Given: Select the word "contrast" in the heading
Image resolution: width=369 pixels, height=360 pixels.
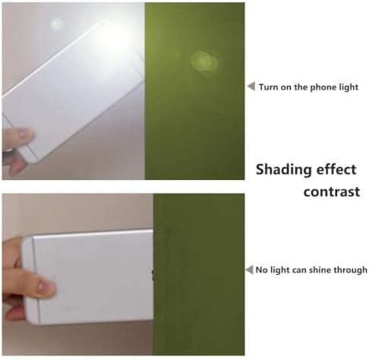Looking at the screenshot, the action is (x=332, y=191).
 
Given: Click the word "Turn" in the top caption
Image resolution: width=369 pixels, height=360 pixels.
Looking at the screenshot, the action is (x=269, y=87).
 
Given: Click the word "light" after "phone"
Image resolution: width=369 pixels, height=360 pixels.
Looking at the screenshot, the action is (x=348, y=87).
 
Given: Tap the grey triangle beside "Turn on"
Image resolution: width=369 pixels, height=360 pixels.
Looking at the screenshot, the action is (x=251, y=86).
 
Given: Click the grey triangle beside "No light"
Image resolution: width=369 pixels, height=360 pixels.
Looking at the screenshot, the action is (x=249, y=270).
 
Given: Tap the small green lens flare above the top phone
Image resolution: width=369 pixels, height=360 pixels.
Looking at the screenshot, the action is (x=55, y=24).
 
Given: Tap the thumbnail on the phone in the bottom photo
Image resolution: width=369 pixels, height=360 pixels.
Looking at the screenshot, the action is (x=45, y=287).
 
